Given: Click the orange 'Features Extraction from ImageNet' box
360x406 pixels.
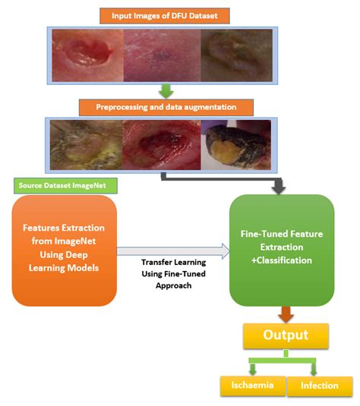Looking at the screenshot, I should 64,248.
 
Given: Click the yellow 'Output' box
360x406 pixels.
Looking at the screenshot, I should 285,335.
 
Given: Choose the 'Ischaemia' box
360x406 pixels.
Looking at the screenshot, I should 251,386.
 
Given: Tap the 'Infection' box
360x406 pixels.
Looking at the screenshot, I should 319,386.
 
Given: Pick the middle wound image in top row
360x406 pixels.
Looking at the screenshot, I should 162,55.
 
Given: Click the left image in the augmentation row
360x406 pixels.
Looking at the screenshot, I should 85,145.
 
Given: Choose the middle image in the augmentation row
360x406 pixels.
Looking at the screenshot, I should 162,145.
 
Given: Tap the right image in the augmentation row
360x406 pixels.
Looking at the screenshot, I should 235,145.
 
